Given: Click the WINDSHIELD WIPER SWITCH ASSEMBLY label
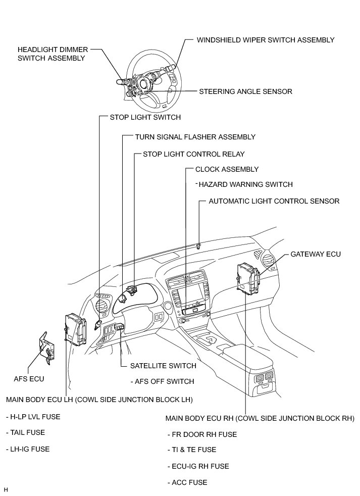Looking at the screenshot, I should [265, 39].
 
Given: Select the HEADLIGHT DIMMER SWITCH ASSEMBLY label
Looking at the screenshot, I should [53, 54].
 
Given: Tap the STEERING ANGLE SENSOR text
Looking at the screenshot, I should [245, 91].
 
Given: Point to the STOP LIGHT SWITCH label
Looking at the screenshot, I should [145, 117].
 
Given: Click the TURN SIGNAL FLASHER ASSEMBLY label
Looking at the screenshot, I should [195, 137].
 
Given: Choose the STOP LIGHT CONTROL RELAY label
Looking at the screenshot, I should [193, 154].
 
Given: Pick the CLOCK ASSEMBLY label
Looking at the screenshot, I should [227, 170].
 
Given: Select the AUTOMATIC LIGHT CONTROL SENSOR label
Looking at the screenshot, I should [274, 201].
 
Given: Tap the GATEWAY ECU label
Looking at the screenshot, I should [316, 254].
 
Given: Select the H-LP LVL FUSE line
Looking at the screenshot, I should [33, 417].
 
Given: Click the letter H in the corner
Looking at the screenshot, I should [6, 490].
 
